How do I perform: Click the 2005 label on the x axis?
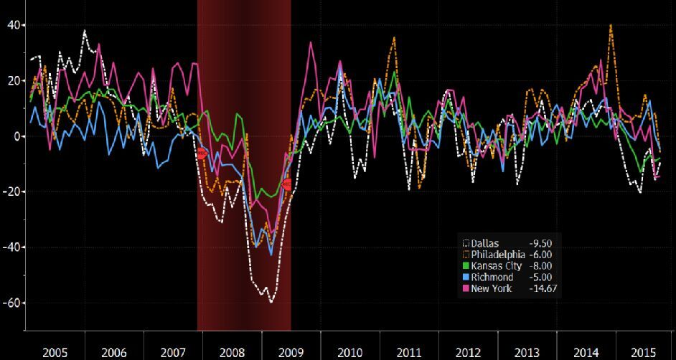tap(55, 352)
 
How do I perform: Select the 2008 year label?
tap(233, 352)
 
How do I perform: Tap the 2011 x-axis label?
tap(409, 352)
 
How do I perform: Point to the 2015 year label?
tap(642, 352)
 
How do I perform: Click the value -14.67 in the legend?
tap(544, 288)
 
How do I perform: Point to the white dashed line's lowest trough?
tap(271, 302)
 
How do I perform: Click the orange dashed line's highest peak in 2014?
tap(611, 25)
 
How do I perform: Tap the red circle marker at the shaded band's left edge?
tap(202, 153)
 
